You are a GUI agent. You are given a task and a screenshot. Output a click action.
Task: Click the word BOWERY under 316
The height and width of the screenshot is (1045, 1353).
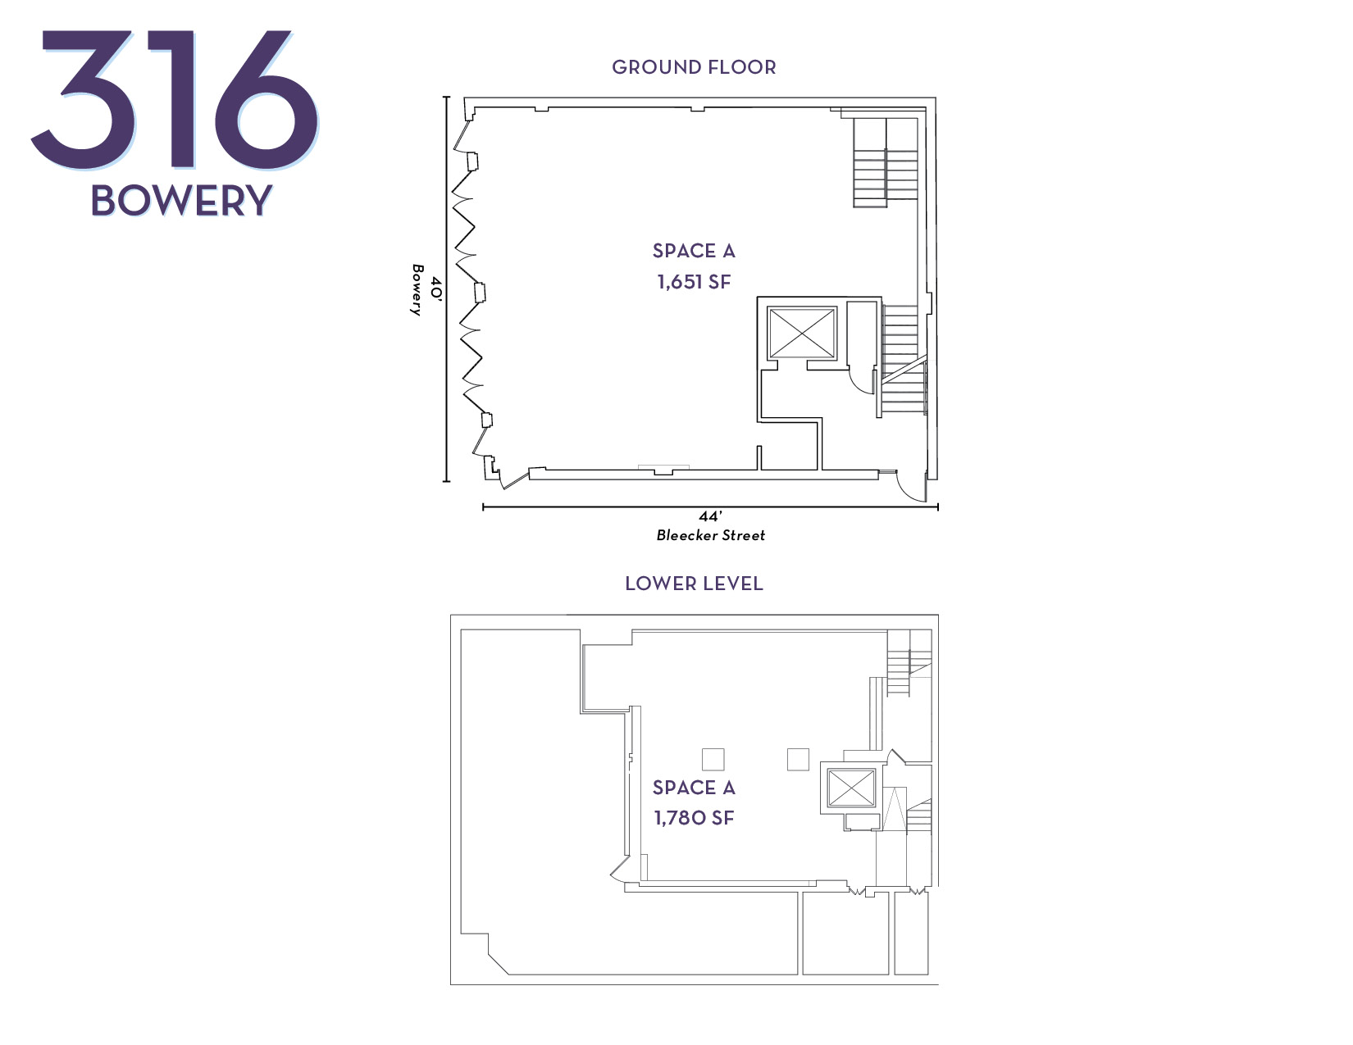click(x=181, y=201)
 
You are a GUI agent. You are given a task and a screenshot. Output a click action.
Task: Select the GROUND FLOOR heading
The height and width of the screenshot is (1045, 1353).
click(x=694, y=67)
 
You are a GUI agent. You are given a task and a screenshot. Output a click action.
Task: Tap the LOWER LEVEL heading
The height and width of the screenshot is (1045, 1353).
click(x=694, y=584)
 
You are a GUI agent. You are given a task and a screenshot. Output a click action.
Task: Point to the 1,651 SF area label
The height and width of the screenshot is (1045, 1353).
click(x=694, y=282)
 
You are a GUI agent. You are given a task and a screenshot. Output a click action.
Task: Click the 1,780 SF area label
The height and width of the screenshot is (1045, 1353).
click(x=694, y=818)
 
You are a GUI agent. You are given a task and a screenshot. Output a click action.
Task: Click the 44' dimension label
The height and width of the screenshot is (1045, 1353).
click(x=710, y=516)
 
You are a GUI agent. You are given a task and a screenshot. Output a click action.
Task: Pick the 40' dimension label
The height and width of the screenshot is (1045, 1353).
click(x=437, y=290)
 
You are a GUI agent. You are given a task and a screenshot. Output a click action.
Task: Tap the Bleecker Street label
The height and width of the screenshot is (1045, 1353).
click(x=710, y=535)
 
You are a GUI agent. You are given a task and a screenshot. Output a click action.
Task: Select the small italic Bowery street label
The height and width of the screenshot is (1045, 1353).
click(x=417, y=290)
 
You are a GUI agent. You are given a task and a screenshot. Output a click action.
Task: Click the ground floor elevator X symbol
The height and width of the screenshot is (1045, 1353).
click(x=801, y=333)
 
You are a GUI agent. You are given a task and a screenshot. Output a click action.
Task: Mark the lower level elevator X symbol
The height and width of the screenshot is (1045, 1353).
click(x=851, y=788)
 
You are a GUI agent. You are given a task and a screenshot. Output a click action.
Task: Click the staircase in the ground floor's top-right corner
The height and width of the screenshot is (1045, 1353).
click(x=886, y=162)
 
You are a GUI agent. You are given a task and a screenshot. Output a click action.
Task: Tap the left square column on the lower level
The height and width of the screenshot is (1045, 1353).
click(x=713, y=760)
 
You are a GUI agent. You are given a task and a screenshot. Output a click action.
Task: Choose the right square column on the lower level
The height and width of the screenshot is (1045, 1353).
click(x=798, y=759)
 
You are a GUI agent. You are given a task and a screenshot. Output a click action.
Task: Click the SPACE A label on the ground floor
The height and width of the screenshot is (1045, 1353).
click(x=694, y=251)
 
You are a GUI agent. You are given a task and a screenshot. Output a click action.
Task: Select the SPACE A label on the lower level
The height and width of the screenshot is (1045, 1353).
click(x=694, y=788)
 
